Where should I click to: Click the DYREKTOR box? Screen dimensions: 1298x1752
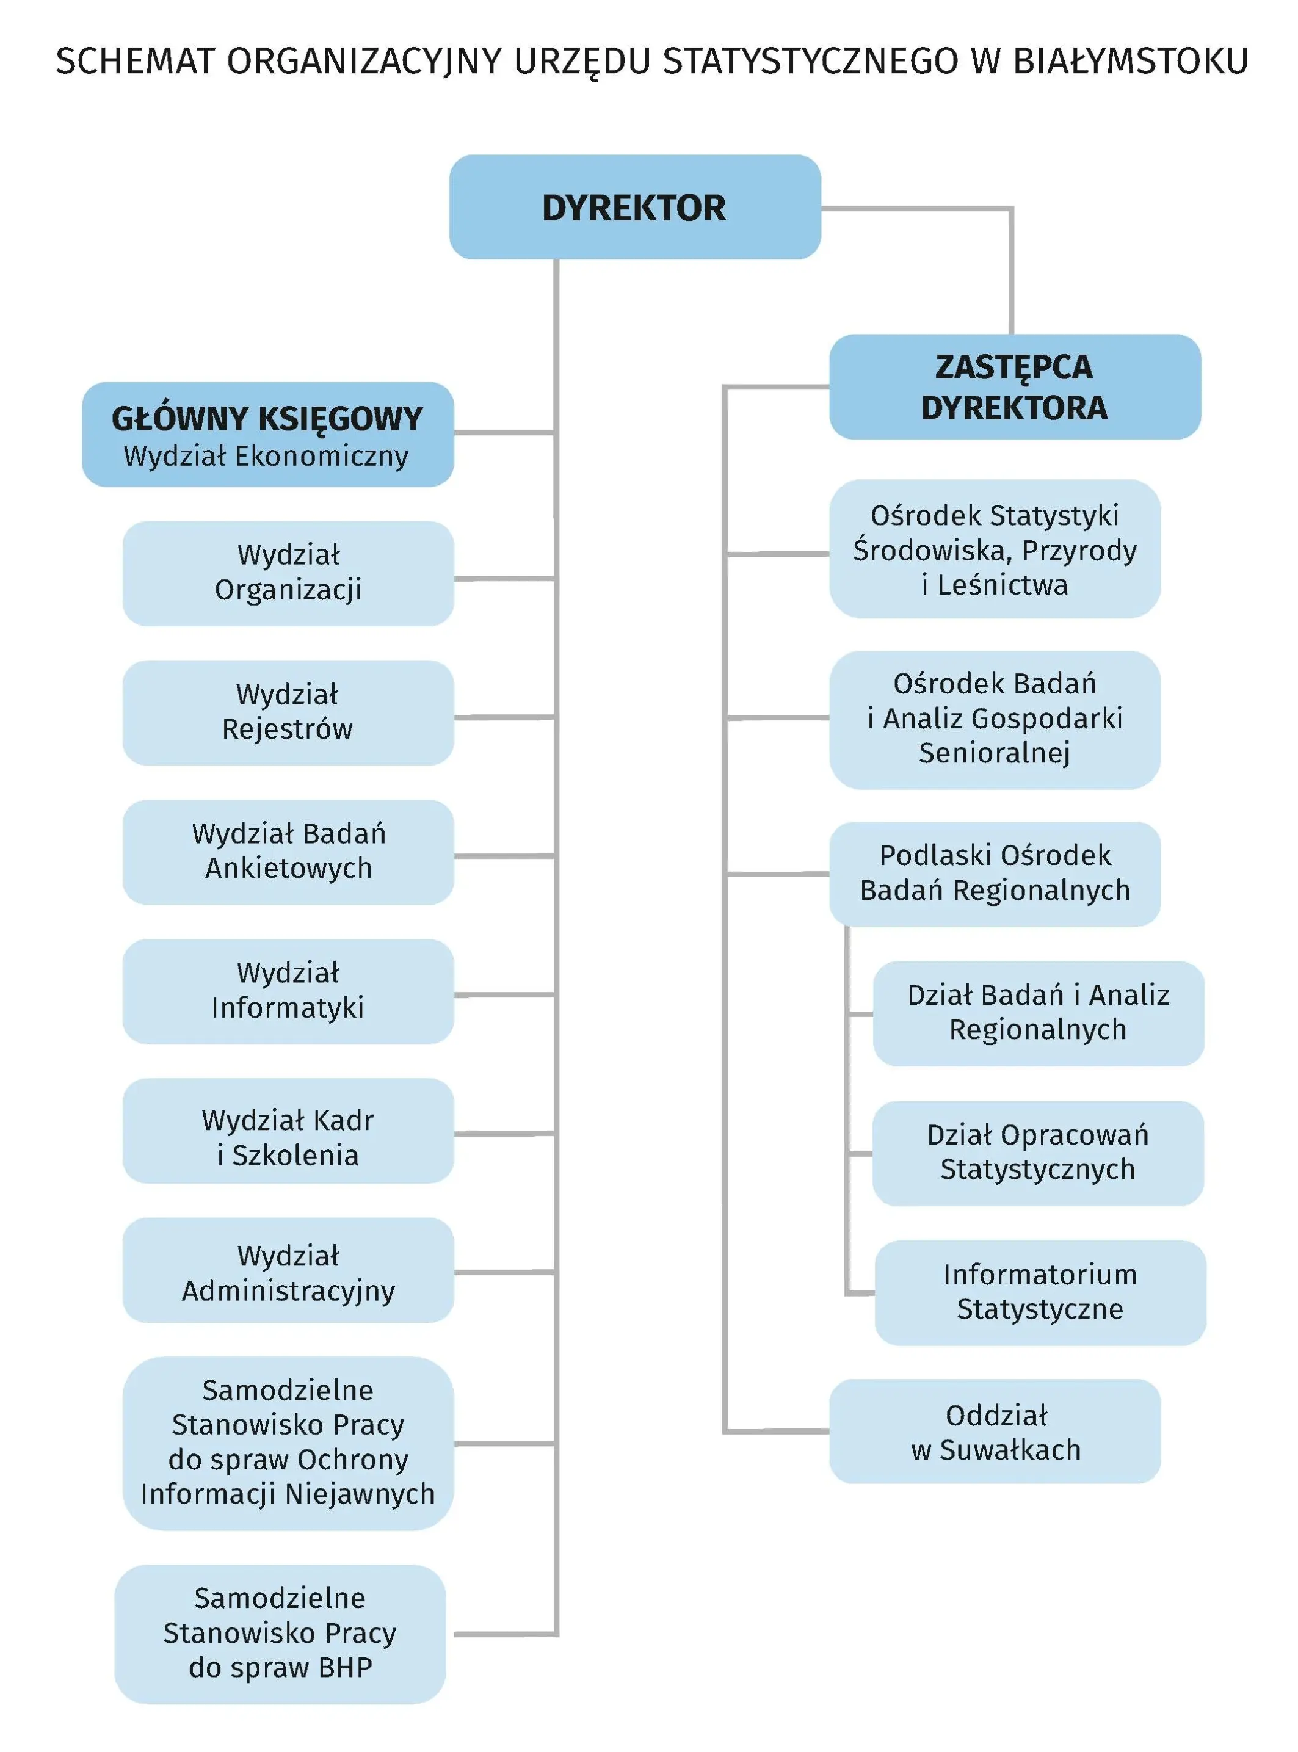[x=635, y=206]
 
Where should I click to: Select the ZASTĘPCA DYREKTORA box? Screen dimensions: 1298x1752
[x=1015, y=386]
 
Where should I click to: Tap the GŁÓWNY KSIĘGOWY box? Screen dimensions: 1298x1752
[x=268, y=435]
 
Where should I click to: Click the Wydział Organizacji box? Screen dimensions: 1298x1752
[x=288, y=574]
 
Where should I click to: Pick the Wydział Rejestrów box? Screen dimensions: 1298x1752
[x=288, y=712]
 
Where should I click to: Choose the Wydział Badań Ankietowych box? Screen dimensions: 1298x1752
[x=288, y=852]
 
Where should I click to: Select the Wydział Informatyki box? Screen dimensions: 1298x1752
[x=288, y=991]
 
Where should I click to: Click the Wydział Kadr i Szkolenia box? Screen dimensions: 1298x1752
[x=288, y=1131]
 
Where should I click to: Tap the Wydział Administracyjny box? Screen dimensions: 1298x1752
[x=288, y=1270]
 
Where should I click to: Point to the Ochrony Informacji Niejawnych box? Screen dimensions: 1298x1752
[x=288, y=1443]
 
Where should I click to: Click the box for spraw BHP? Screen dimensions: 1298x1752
[x=280, y=1634]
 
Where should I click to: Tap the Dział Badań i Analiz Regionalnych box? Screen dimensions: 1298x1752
[x=1039, y=1013]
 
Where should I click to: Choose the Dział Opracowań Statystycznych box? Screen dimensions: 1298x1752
[x=1039, y=1153]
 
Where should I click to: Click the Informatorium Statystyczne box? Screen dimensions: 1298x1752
[x=1040, y=1292]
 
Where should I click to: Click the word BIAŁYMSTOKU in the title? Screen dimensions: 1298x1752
[x=1131, y=61]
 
